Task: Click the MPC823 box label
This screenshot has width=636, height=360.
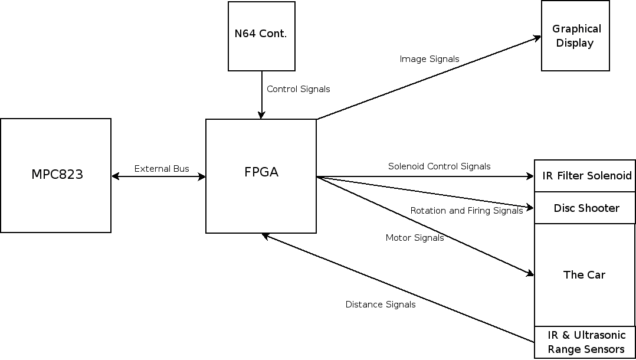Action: pos(57,175)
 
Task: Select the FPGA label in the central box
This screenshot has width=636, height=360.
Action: pos(261,172)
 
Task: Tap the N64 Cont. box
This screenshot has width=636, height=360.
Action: pos(261,34)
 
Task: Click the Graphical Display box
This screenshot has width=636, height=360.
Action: pos(576,36)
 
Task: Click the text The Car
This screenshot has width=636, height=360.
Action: pos(584,274)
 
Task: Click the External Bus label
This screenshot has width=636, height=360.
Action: pos(162,169)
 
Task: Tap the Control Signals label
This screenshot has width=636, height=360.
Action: pos(298,89)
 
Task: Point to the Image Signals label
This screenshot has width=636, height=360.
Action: pos(429,59)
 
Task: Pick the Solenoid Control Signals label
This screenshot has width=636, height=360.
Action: pos(439,166)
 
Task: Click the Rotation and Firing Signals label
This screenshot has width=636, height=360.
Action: pos(466,211)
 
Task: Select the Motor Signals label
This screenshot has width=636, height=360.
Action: pos(414,238)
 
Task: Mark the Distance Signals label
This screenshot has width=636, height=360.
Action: pos(380,305)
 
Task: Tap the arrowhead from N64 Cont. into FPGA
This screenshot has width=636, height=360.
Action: pos(261,115)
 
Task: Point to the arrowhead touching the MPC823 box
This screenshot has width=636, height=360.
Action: pos(115,176)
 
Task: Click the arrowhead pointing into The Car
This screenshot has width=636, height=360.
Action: pos(530,273)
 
